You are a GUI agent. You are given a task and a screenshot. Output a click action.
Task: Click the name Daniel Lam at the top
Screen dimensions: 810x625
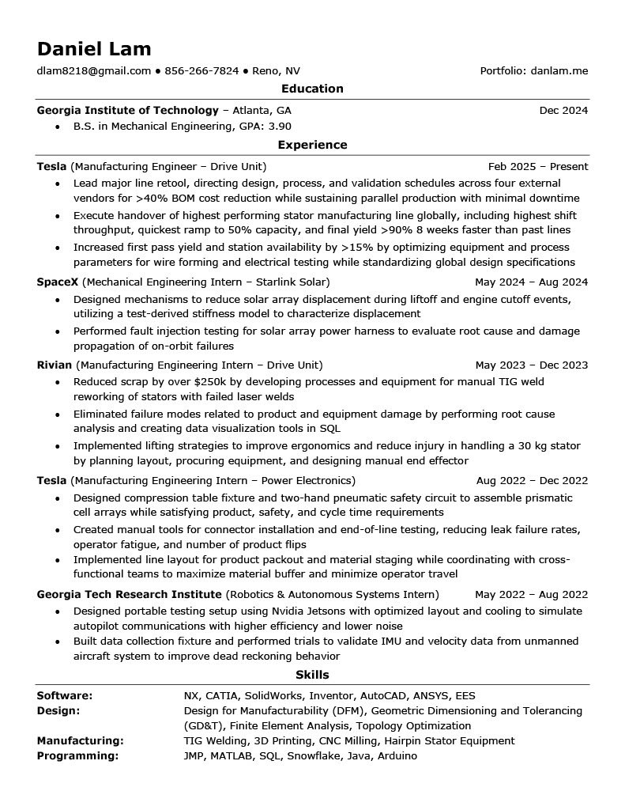(94, 48)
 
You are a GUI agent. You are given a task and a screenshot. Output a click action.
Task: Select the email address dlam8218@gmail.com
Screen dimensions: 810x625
(94, 70)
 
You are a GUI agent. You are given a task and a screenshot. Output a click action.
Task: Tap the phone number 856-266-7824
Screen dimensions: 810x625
(202, 70)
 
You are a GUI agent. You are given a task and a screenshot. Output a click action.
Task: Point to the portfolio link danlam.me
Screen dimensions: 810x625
(559, 70)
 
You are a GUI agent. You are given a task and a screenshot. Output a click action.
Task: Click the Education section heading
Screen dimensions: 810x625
(312, 89)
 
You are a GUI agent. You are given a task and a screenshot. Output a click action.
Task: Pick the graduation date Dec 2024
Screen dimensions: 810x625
(563, 110)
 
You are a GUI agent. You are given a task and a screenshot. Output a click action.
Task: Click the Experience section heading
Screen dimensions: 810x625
(312, 145)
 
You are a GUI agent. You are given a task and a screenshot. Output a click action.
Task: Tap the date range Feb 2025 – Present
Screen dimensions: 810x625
(538, 166)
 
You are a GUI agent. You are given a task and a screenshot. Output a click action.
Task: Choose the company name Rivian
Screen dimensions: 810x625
(55, 365)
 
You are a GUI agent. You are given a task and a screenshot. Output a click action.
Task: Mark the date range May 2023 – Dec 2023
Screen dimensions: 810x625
(532, 365)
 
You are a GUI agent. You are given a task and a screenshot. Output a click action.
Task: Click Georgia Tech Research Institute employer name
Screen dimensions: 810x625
(130, 594)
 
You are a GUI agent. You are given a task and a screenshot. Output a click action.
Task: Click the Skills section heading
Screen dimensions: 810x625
(312, 675)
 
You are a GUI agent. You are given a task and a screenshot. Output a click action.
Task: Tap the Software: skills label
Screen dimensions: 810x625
(65, 695)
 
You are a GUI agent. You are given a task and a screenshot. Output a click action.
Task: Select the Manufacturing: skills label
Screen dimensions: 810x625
(80, 740)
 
